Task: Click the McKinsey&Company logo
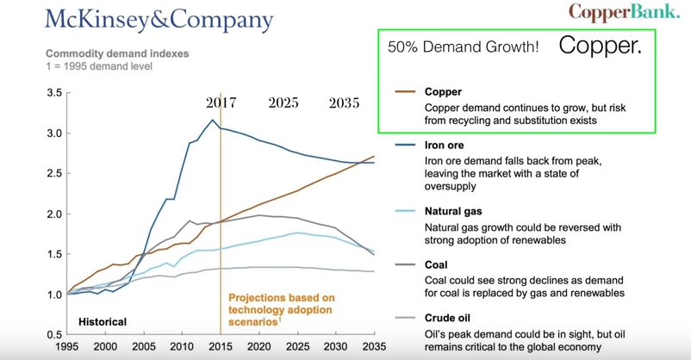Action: (x=159, y=21)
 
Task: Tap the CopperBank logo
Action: (x=624, y=12)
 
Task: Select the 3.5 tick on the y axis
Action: (x=54, y=93)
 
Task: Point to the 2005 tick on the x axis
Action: (x=144, y=346)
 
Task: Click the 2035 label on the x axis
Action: (x=374, y=346)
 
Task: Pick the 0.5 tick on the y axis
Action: (x=54, y=334)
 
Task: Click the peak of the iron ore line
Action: (x=213, y=120)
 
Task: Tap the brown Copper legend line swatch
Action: (x=405, y=91)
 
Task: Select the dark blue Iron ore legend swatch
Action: (x=405, y=145)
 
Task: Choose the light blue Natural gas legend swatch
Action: (x=405, y=211)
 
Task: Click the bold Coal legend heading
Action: (x=436, y=264)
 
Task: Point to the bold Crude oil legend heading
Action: (x=447, y=318)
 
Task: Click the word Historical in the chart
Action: (x=103, y=322)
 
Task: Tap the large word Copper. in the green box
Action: (x=601, y=46)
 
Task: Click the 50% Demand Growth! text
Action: (x=464, y=47)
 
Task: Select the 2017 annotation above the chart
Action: (x=221, y=103)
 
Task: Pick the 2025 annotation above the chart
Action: (x=283, y=103)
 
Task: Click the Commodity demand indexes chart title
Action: (x=117, y=53)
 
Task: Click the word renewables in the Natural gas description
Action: (x=542, y=240)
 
